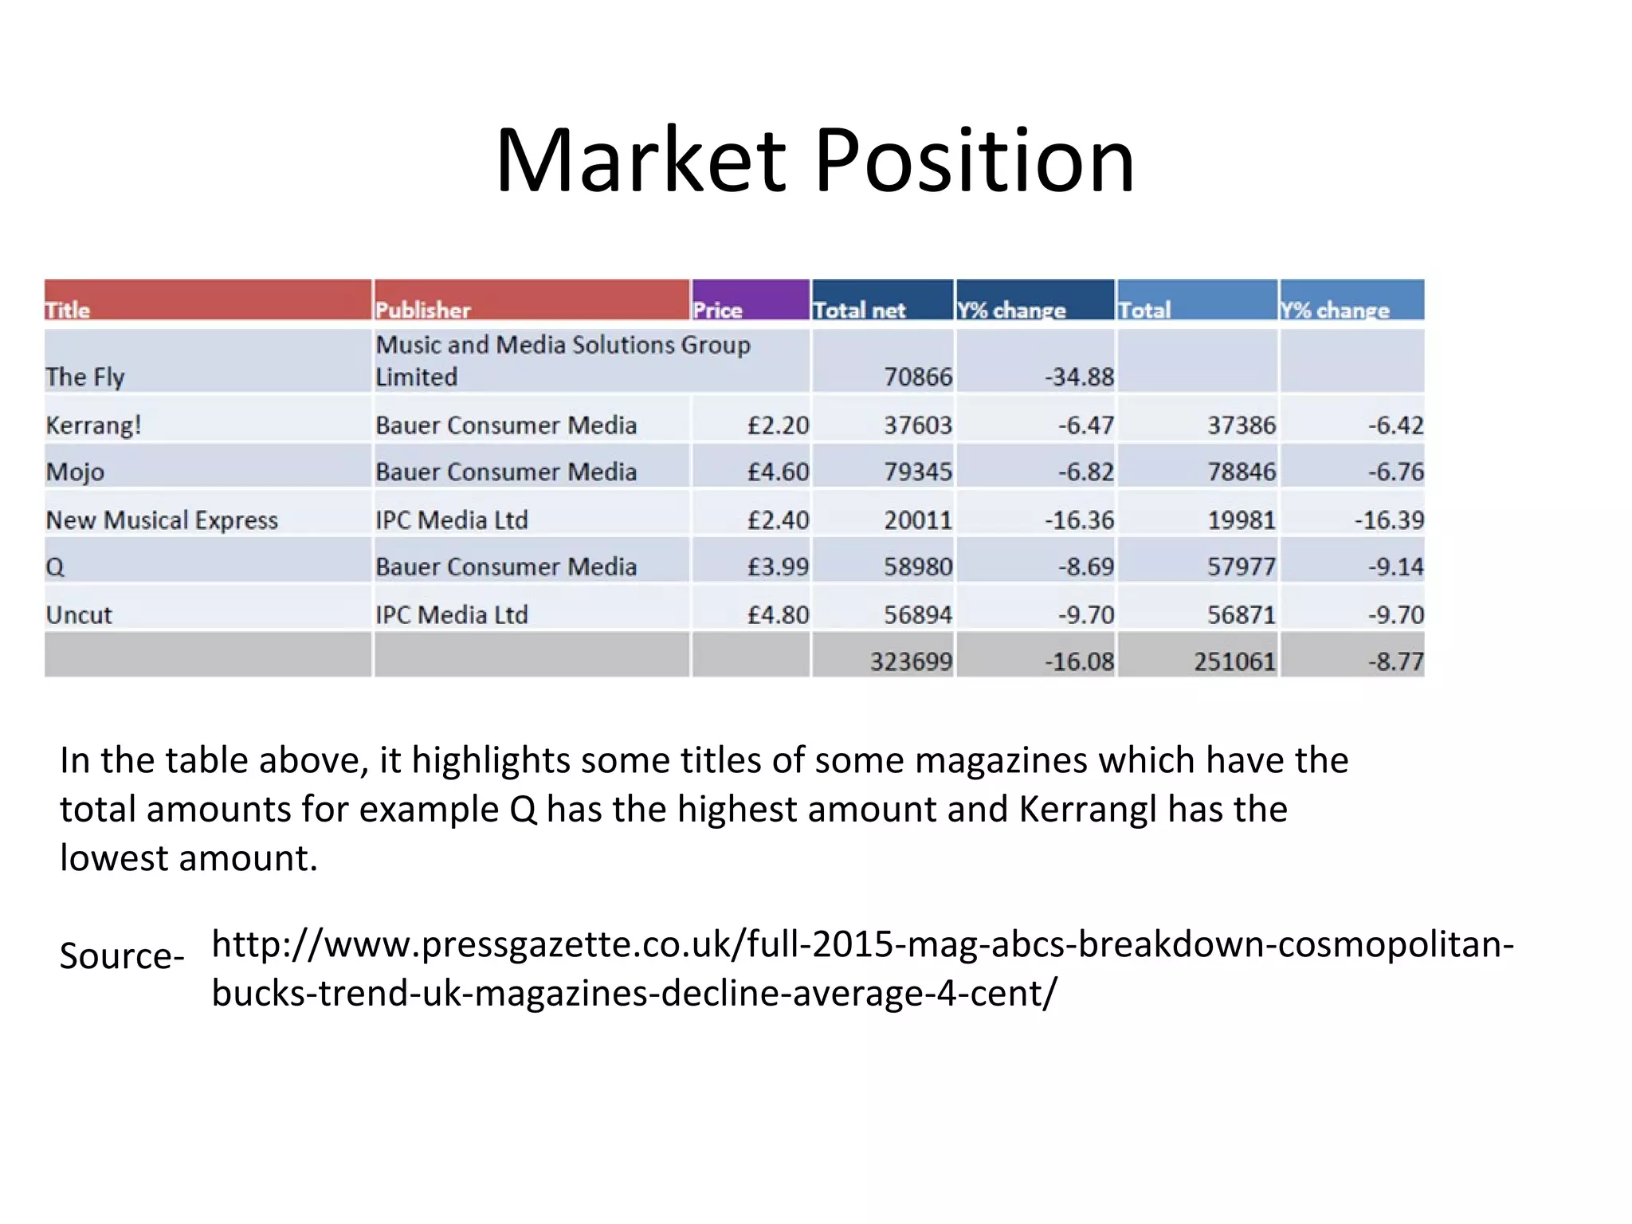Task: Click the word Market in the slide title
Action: [x=641, y=161]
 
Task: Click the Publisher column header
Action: [x=423, y=309]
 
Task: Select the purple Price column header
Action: [x=718, y=309]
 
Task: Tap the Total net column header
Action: [x=859, y=309]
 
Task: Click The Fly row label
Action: [x=85, y=376]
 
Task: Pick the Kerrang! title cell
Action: [x=94, y=425]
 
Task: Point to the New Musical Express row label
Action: [x=162, y=520]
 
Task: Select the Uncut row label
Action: [x=79, y=614]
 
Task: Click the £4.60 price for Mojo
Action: [x=778, y=472]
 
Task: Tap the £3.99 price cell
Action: [x=778, y=567]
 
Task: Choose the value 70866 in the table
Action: [x=917, y=376]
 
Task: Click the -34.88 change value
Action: [x=1079, y=376]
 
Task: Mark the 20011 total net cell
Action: [x=917, y=520]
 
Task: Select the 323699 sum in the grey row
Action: [x=911, y=661]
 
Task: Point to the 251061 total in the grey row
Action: [x=1234, y=661]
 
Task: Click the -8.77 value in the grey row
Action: [x=1395, y=661]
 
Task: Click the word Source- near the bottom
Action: [x=122, y=955]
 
